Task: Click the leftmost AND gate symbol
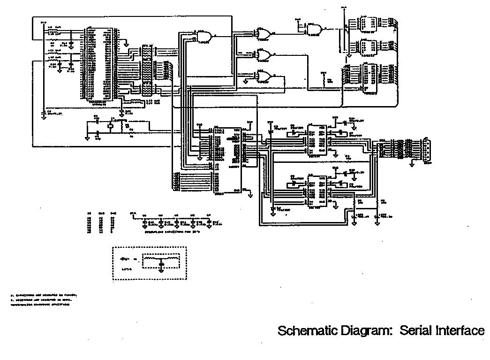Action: pyautogui.click(x=204, y=36)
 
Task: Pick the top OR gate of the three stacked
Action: pyautogui.click(x=263, y=33)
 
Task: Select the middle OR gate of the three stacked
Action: pyautogui.click(x=263, y=55)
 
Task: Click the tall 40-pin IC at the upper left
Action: pyautogui.click(x=100, y=64)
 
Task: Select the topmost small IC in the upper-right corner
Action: pyautogui.click(x=368, y=23)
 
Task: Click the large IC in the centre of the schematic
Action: pyautogui.click(x=227, y=160)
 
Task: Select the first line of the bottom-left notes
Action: pyautogui.click(x=43, y=295)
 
